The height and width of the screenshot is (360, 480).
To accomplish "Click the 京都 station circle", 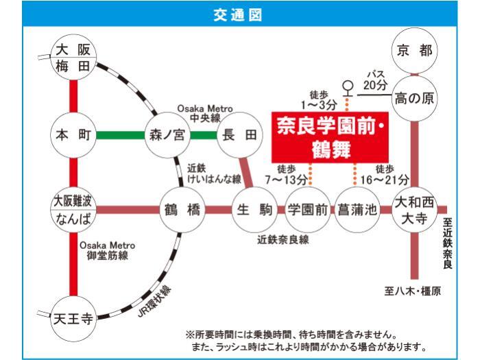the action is (x=414, y=51).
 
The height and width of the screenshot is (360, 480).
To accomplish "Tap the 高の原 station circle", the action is (x=414, y=98).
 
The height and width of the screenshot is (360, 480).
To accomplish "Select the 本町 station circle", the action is (x=73, y=135).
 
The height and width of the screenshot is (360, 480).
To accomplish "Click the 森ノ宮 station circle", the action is (x=167, y=135).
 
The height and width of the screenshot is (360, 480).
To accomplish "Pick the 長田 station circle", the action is (x=240, y=135).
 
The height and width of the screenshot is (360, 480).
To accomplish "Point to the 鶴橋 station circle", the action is (x=182, y=210).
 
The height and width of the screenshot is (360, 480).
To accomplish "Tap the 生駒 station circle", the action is (x=254, y=210).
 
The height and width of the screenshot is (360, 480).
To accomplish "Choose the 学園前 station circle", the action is (x=308, y=210).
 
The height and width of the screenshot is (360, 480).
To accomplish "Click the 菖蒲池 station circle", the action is (x=357, y=210).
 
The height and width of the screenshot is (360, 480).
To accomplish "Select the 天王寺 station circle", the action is (x=73, y=319).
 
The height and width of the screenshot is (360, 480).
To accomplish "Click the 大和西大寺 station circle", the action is (x=414, y=210).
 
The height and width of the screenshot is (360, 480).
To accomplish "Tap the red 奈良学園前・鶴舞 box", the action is (x=330, y=137).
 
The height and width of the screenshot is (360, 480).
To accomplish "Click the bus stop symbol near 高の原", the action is (x=348, y=88).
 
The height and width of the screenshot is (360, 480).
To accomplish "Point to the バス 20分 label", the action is (x=375, y=80).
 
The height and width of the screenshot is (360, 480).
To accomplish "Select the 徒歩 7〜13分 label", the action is (x=286, y=175).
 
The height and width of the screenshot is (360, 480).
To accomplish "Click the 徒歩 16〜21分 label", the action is (x=385, y=175).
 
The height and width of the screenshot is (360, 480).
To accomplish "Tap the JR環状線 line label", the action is (x=154, y=302).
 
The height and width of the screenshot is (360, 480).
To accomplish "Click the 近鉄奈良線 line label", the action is (x=283, y=240).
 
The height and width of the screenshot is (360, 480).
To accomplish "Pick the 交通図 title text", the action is (x=237, y=14).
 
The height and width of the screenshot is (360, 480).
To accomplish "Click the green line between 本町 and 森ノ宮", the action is (x=120, y=135).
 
